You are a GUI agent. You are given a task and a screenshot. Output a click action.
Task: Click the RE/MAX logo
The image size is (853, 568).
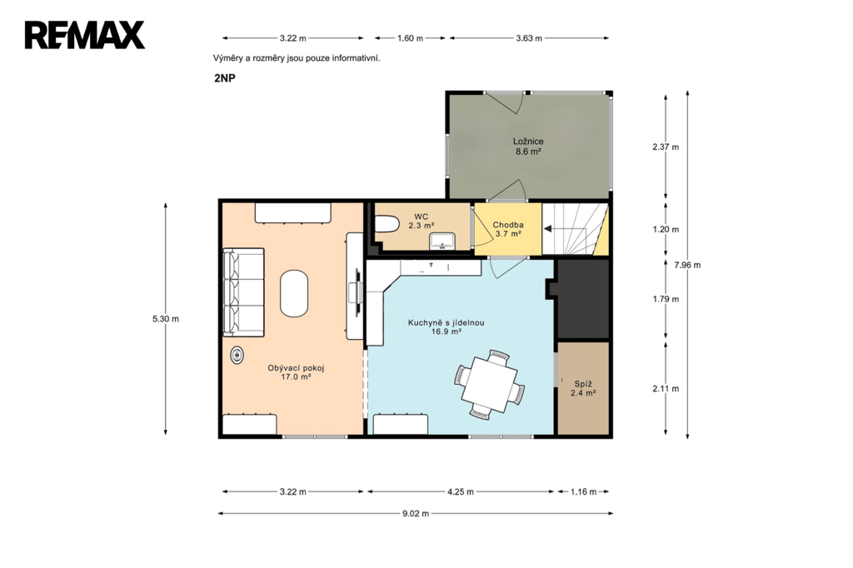pyautogui.click(x=84, y=35)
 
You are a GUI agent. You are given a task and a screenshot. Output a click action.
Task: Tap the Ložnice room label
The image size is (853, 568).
pyautogui.click(x=527, y=142)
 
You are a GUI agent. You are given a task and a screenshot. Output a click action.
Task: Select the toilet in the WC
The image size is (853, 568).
pyautogui.click(x=387, y=224)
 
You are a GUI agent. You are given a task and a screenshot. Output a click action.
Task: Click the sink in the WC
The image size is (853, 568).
pyautogui.click(x=443, y=241)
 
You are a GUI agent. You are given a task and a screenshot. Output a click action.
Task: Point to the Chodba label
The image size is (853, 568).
pyautogui.click(x=508, y=225)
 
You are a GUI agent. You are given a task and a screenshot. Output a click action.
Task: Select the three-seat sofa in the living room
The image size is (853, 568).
pyautogui.click(x=243, y=292)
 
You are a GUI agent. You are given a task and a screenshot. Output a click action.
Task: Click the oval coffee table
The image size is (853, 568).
pyautogui.click(x=294, y=293)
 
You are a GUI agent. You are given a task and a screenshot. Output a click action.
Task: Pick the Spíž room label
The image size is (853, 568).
pyautogui.click(x=583, y=384)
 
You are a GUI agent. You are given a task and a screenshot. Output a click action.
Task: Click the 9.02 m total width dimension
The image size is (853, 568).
pyautogui.click(x=416, y=513)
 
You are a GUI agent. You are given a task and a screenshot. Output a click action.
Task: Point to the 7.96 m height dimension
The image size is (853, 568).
pyautogui.click(x=687, y=265)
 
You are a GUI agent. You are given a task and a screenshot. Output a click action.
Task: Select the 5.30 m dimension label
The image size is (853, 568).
pyautogui.click(x=166, y=319)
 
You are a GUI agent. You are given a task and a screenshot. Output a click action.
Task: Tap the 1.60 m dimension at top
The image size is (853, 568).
pyautogui.click(x=410, y=38)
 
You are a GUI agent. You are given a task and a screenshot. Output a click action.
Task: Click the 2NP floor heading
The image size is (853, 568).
pyautogui.click(x=225, y=77)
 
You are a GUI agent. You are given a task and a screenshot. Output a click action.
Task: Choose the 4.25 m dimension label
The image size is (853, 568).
pyautogui.click(x=460, y=492)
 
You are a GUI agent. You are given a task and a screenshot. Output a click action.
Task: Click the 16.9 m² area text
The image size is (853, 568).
pyautogui.click(x=446, y=331)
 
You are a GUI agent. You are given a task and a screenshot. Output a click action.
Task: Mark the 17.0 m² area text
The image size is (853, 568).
pyautogui.click(x=296, y=376)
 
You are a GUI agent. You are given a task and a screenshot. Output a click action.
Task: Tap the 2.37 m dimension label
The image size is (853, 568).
pyautogui.click(x=666, y=147)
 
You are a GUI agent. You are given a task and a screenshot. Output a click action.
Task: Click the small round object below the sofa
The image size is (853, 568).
pyautogui.click(x=237, y=356)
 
